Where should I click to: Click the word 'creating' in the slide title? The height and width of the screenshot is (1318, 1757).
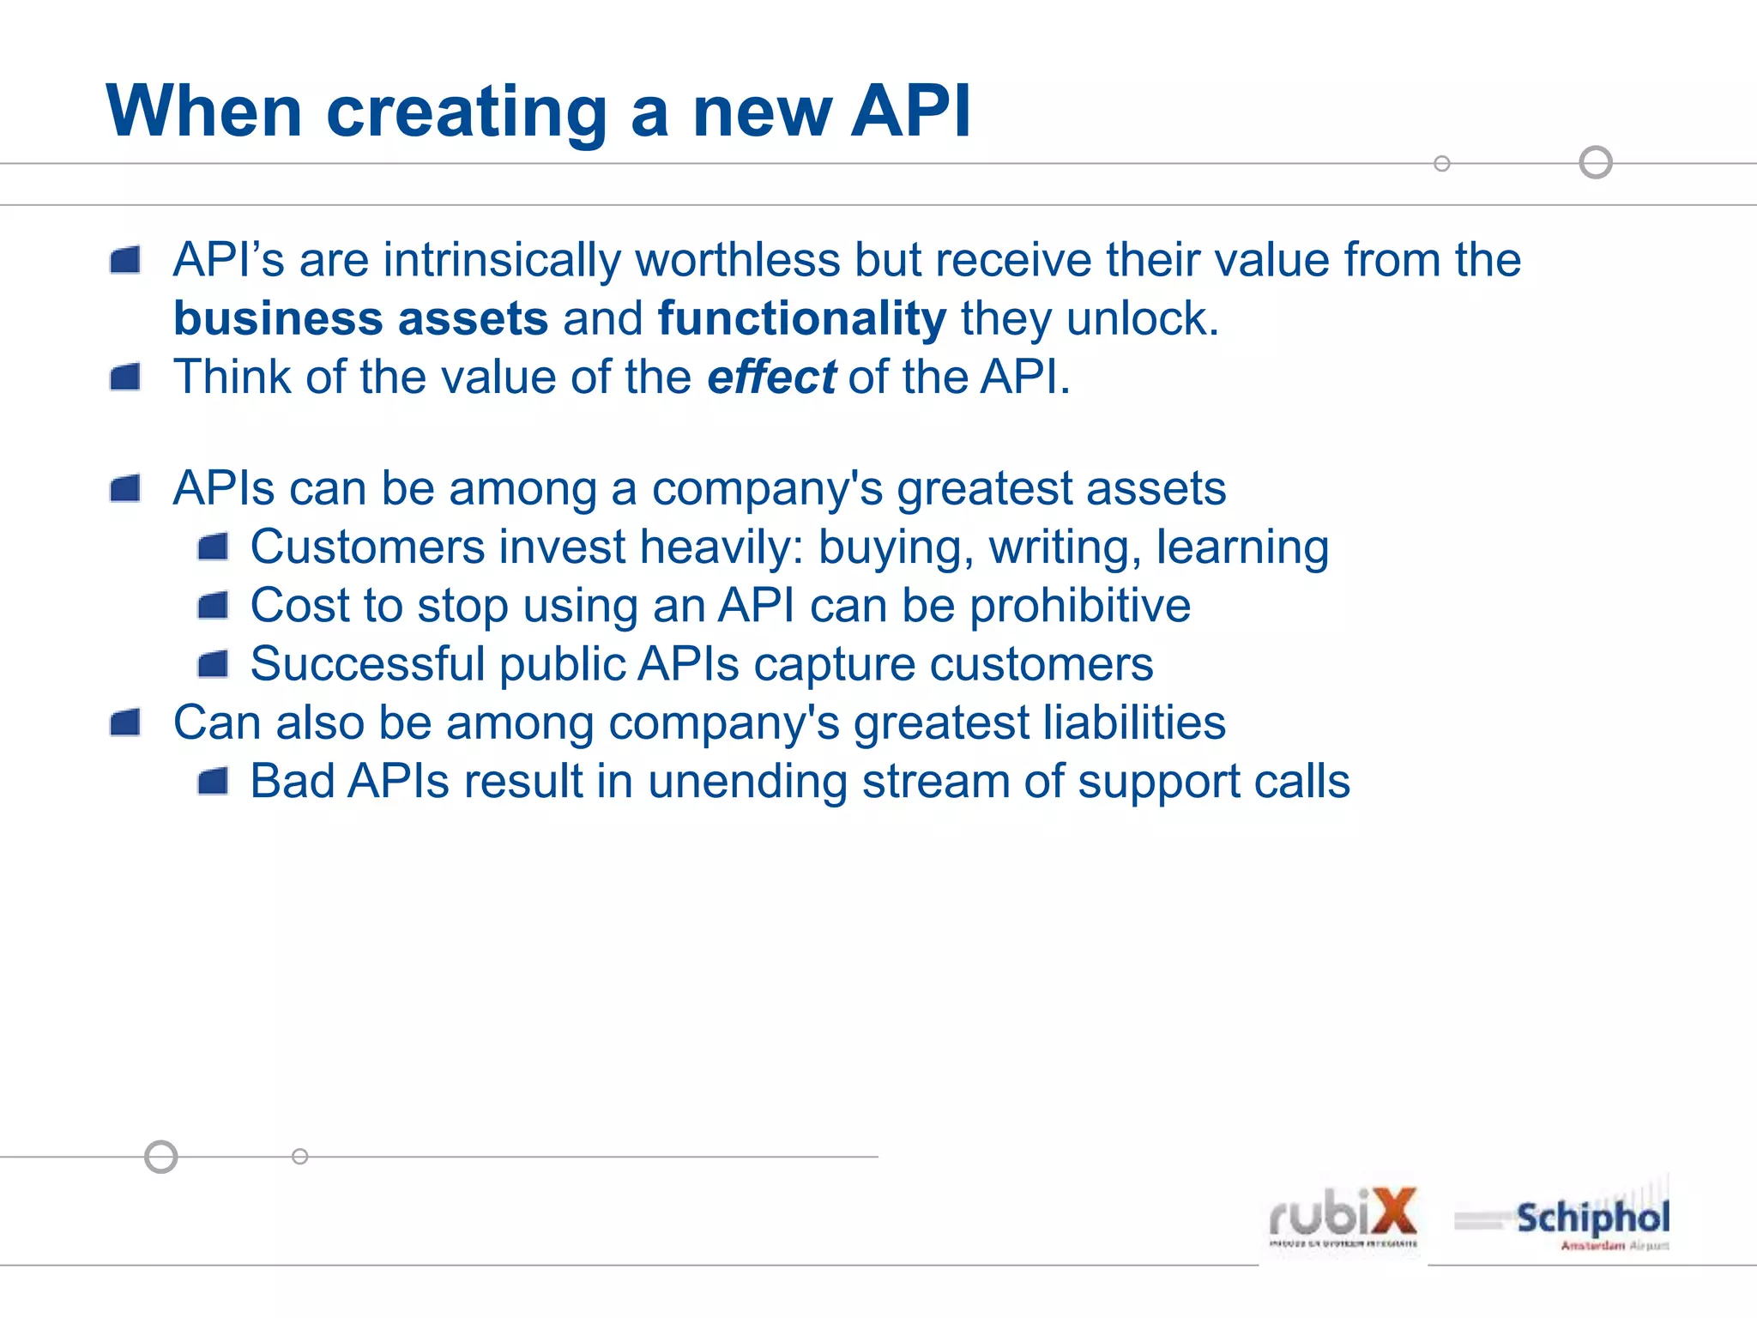click(x=468, y=112)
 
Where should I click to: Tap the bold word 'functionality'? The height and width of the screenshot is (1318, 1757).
click(x=801, y=318)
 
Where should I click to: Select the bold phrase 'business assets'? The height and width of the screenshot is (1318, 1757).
click(x=360, y=318)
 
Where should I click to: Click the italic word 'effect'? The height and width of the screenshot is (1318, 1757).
click(x=770, y=377)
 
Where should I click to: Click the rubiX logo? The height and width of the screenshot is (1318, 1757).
click(x=1343, y=1216)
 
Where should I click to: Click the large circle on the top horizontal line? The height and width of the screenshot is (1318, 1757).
click(x=1596, y=162)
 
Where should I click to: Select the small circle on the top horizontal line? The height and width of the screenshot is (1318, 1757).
click(x=1442, y=163)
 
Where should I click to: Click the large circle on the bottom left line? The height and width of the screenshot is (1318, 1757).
click(x=160, y=1157)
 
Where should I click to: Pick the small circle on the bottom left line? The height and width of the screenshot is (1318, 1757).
click(x=299, y=1157)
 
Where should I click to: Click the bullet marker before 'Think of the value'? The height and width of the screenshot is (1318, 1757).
click(x=125, y=377)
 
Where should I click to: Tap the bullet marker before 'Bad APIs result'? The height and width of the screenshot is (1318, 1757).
click(x=213, y=782)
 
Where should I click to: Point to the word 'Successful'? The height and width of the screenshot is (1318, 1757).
click(x=367, y=664)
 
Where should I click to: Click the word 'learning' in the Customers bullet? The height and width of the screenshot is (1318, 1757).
click(x=1242, y=547)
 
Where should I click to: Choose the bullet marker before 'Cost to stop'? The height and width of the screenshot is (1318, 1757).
click(x=213, y=606)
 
